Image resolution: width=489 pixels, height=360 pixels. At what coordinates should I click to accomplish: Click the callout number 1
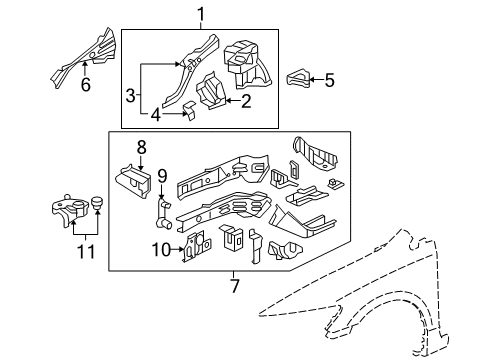point(199,14)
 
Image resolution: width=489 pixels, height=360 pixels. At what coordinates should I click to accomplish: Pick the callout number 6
point(85,85)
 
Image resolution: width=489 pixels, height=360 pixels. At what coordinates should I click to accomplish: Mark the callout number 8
point(141,147)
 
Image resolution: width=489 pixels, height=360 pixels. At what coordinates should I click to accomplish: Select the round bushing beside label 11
point(98,208)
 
